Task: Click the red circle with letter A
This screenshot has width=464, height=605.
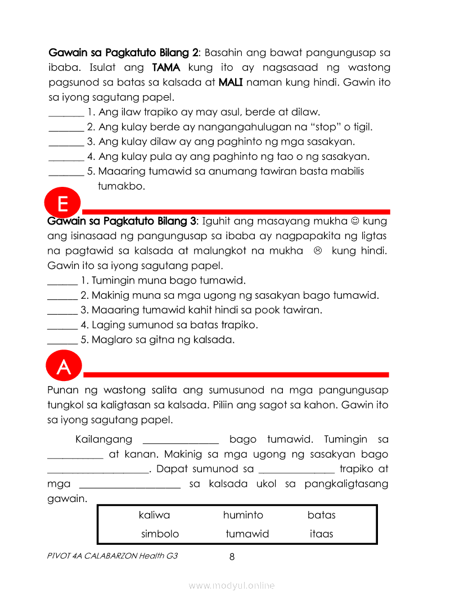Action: pyautogui.click(x=64, y=367)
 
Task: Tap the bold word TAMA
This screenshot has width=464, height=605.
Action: pyautogui.click(x=167, y=68)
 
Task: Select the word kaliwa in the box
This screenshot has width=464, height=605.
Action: pyautogui.click(x=154, y=515)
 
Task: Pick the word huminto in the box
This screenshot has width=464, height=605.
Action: pyautogui.click(x=243, y=515)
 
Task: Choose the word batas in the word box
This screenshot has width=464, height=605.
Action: pyautogui.click(x=322, y=515)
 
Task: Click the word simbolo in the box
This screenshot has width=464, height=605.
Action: pyautogui.click(x=160, y=534)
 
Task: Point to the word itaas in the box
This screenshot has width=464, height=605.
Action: pyautogui.click(x=322, y=534)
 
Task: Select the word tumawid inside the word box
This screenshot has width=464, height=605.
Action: pyautogui.click(x=247, y=534)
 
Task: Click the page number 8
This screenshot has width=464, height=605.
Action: pyautogui.click(x=232, y=557)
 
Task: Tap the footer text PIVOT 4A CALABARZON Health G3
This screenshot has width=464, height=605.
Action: pyautogui.click(x=113, y=556)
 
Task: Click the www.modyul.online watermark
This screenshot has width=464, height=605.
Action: pyautogui.click(x=232, y=586)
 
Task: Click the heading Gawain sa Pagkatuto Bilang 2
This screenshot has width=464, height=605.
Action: pyautogui.click(x=124, y=53)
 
